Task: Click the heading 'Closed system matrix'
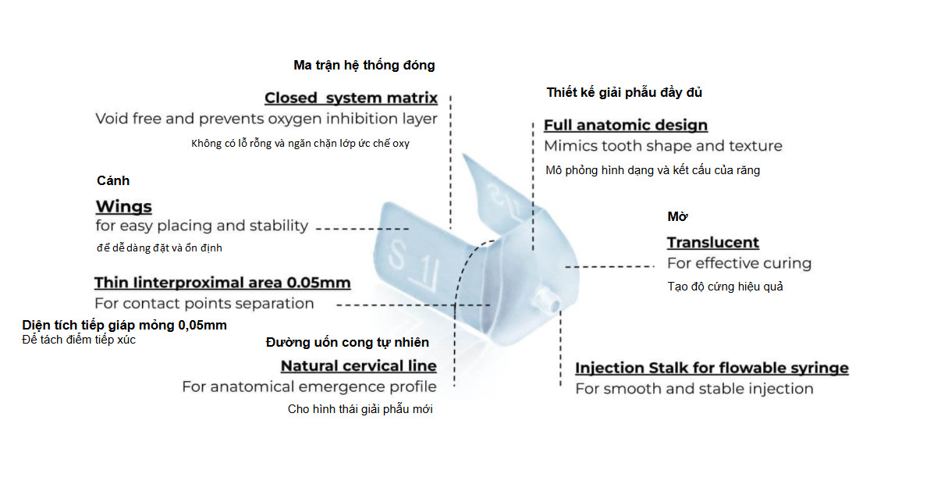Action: click(351, 98)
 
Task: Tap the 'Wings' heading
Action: click(124, 206)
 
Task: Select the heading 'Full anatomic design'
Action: click(626, 125)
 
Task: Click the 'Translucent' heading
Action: click(713, 243)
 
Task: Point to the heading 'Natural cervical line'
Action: click(359, 365)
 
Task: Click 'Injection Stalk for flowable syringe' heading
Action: click(712, 368)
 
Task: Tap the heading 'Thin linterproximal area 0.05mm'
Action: click(222, 283)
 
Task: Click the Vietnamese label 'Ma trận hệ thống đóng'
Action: click(364, 65)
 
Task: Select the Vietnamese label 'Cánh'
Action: click(113, 180)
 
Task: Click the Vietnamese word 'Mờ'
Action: click(677, 216)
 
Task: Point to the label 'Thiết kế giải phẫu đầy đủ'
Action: click(624, 92)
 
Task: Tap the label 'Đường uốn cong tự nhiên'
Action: click(347, 342)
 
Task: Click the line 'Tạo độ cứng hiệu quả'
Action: click(725, 287)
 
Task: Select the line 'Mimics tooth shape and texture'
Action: click(663, 146)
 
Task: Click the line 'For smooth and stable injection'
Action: click(694, 389)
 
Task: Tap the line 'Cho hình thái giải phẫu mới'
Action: click(360, 409)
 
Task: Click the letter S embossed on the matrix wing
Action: click(396, 255)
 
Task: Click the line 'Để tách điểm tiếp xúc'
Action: click(79, 340)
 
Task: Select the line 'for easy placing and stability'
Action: click(201, 226)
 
